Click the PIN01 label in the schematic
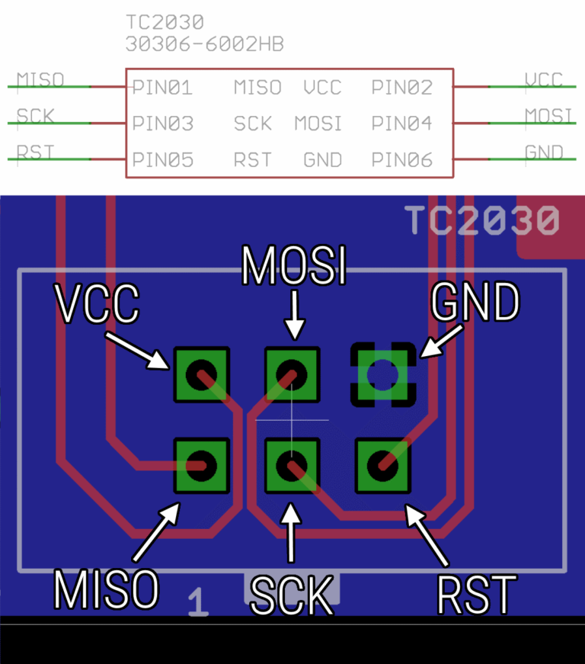(162, 88)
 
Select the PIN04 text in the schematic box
(402, 123)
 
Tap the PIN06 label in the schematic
(402, 160)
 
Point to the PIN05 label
(162, 160)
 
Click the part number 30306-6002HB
(204, 45)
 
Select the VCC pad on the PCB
(202, 374)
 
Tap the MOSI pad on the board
(292, 374)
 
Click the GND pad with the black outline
(383, 374)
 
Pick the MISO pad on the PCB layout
(202, 465)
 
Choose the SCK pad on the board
(292, 465)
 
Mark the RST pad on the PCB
(383, 464)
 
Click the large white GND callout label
(475, 303)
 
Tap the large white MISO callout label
(106, 589)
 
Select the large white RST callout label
(477, 595)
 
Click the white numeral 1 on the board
(198, 601)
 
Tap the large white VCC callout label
(98, 303)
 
